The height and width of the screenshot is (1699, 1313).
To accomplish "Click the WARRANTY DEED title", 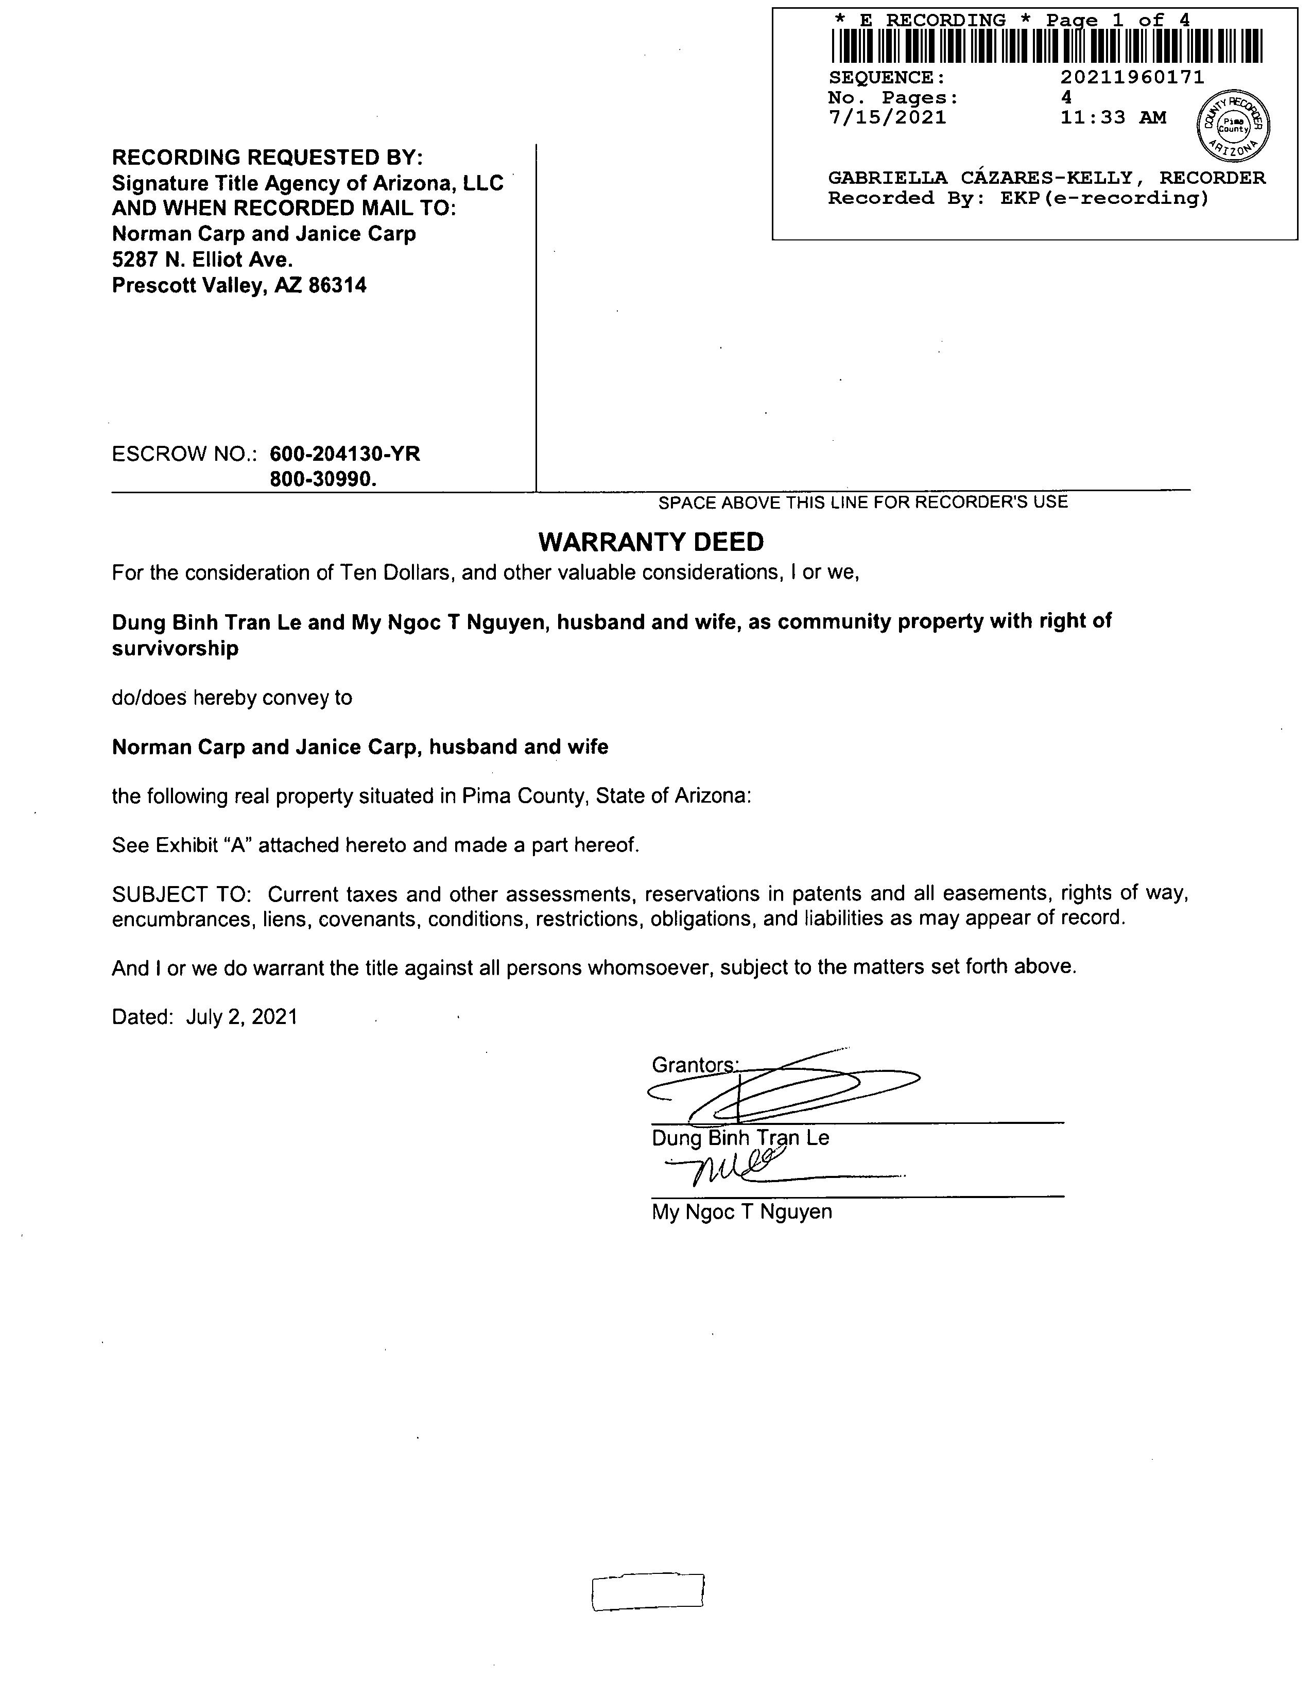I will [651, 542].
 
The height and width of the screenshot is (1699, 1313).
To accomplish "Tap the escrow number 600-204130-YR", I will [344, 454].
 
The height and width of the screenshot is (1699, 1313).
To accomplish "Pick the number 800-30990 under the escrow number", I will [323, 479].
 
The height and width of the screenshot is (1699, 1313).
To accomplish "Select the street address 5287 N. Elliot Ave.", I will [202, 260].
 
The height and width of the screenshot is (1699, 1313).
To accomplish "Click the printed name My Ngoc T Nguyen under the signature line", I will [741, 1212].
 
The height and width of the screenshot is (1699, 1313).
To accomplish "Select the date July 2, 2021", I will [241, 1017].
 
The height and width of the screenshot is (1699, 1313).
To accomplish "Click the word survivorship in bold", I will [175, 649].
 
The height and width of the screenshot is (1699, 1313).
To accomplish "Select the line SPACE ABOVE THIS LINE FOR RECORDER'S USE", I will [862, 502].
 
